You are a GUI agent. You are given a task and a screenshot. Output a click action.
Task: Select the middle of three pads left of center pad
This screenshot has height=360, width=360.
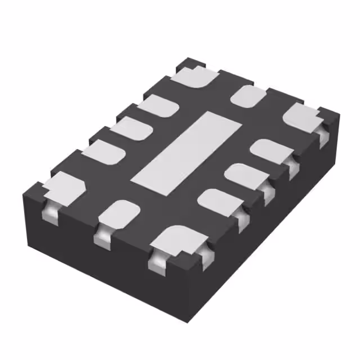(x=133, y=128)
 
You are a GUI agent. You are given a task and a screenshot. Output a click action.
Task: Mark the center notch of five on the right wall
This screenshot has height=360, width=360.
(x=268, y=192)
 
